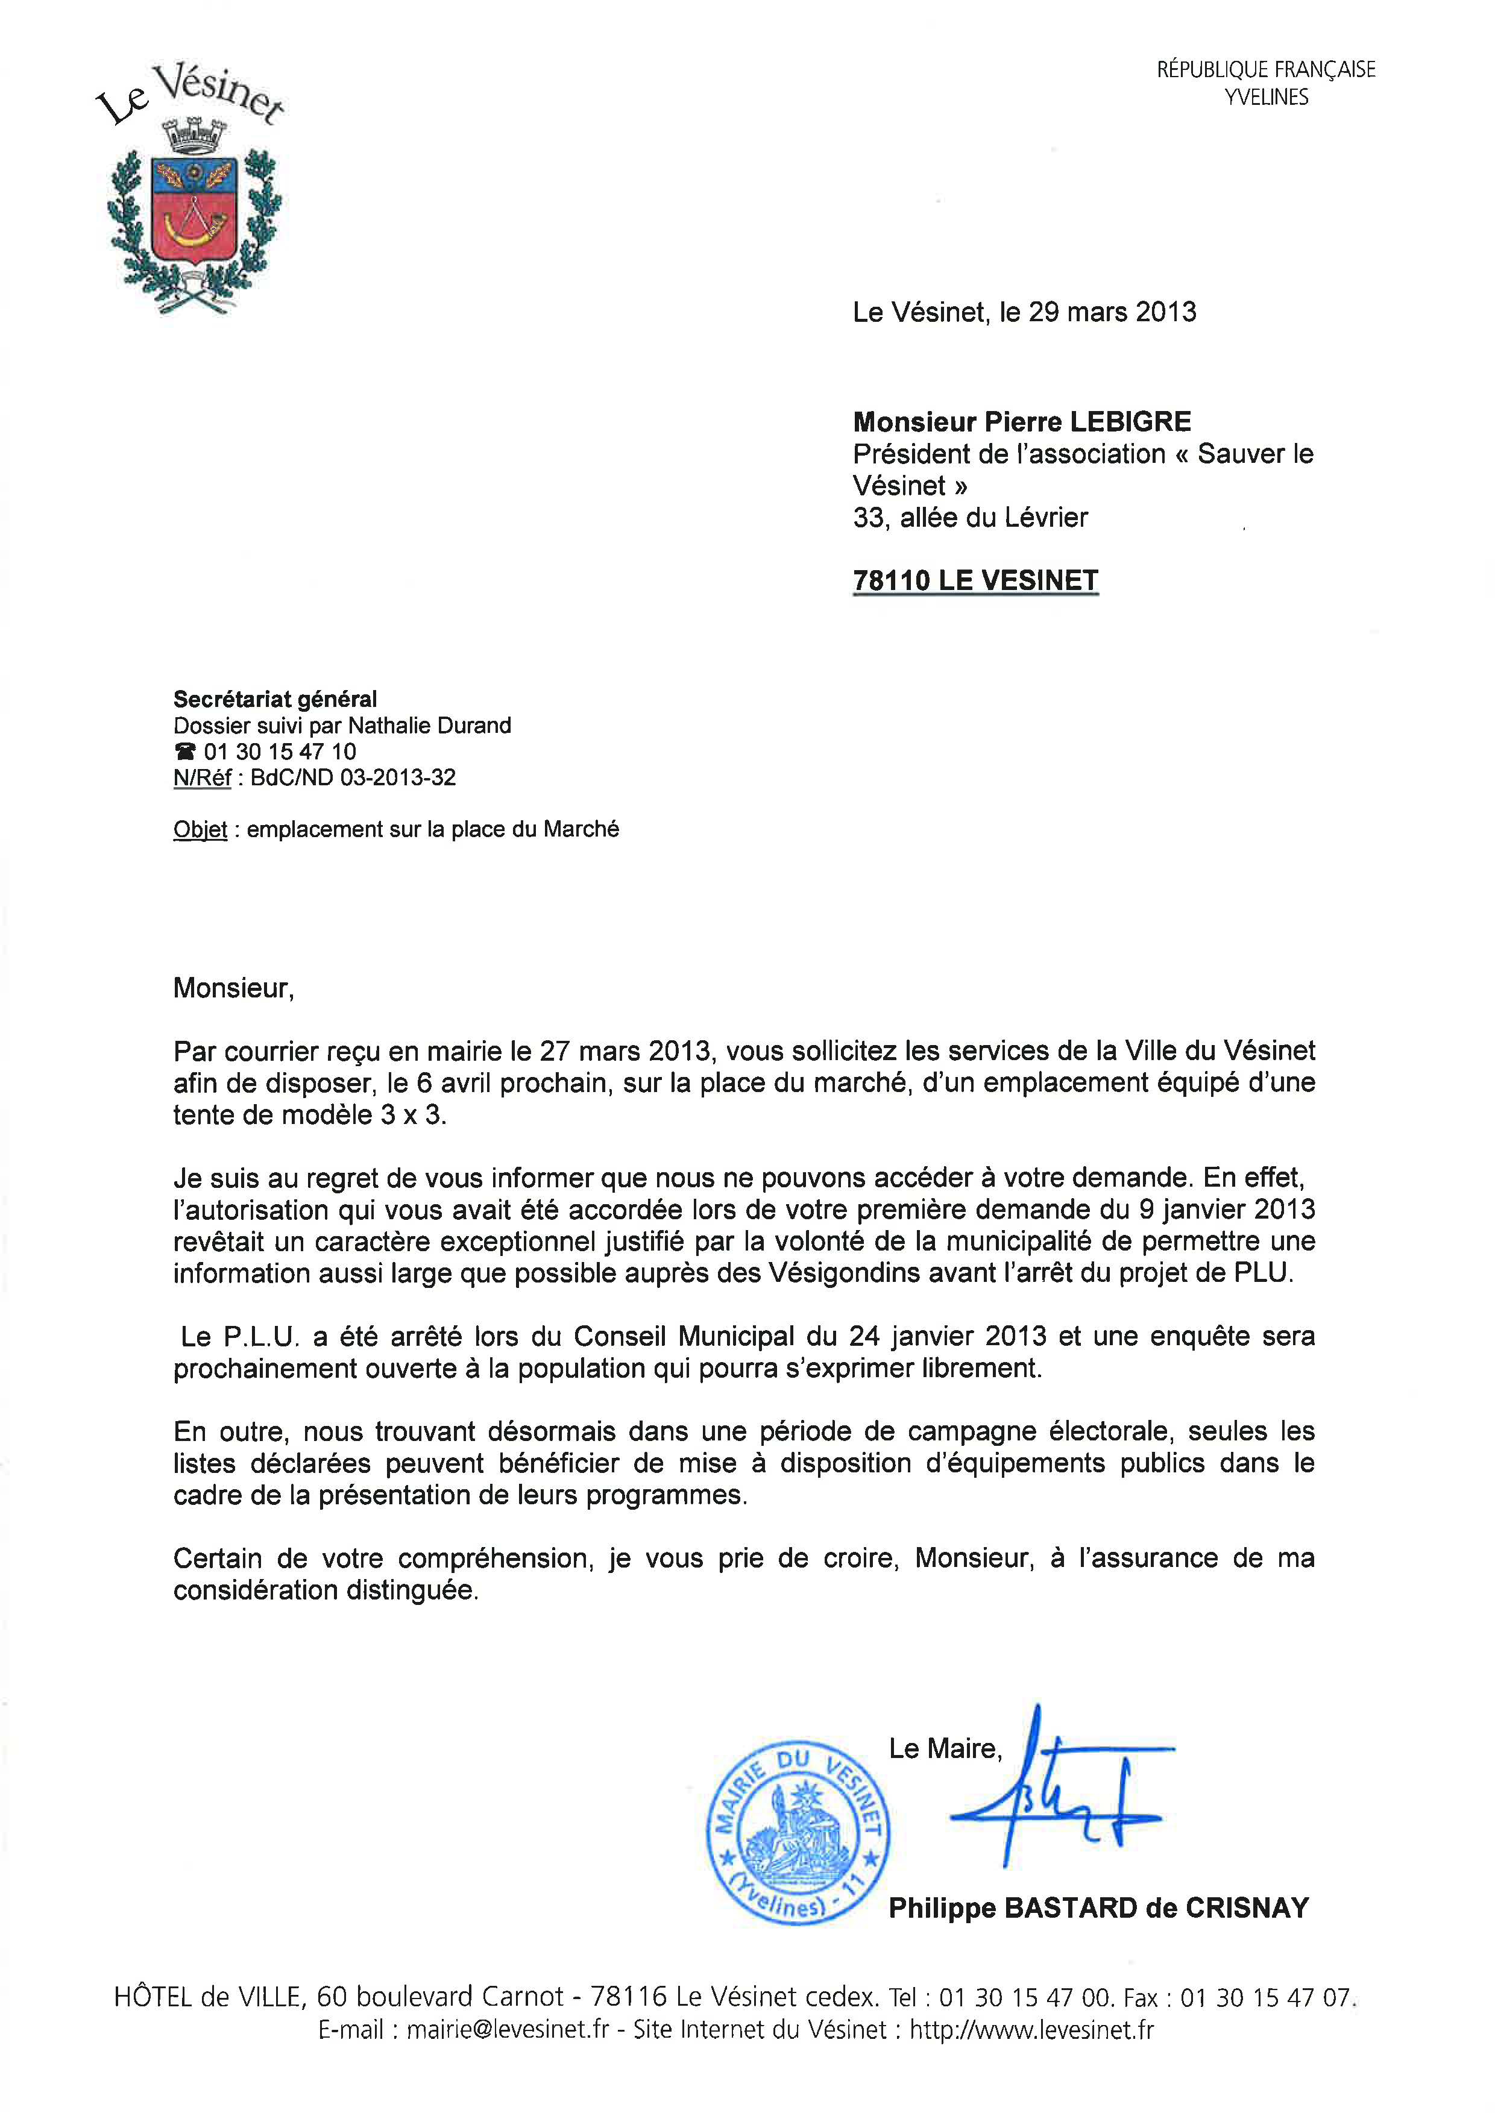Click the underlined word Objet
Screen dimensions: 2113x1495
(200, 829)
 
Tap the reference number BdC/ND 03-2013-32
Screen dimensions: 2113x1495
(353, 777)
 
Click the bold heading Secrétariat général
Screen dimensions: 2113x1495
(275, 700)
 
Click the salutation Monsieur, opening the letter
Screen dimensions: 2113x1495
(233, 988)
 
